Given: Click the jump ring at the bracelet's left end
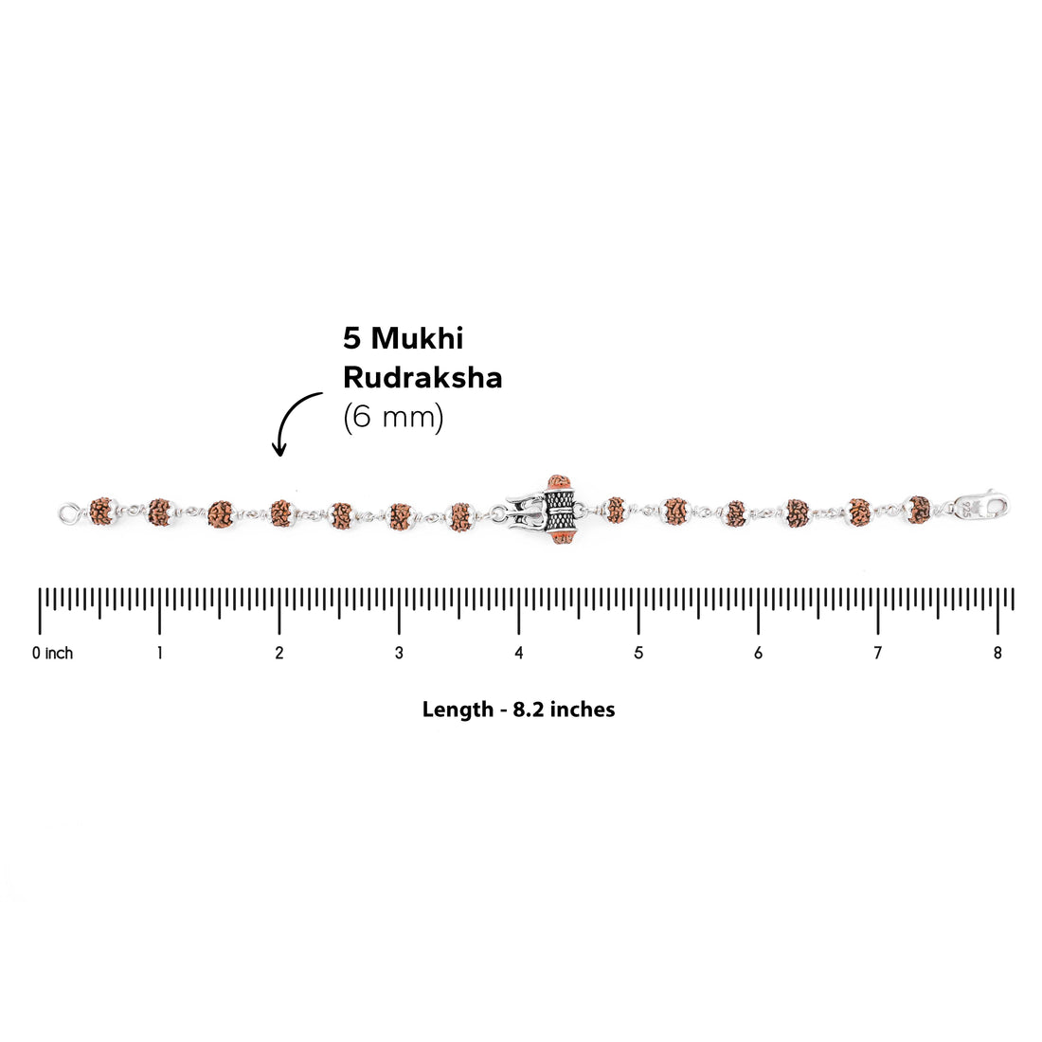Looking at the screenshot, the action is coord(68,513).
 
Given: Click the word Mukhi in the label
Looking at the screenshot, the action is coord(417,338).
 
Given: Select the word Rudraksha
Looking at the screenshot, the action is coord(422,377).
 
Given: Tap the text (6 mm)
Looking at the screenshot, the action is coord(393,418).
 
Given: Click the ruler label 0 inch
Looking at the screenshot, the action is coord(52,654).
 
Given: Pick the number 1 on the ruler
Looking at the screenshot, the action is coord(159,654).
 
